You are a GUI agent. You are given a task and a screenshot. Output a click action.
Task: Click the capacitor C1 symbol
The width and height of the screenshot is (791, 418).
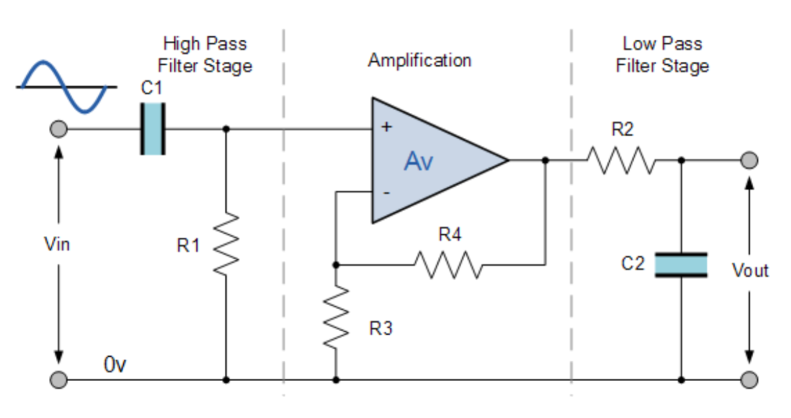tap(153, 128)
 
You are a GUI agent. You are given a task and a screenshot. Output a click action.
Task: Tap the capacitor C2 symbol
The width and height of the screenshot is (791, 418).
tap(681, 265)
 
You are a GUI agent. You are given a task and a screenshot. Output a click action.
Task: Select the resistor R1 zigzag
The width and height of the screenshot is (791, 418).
tap(226, 244)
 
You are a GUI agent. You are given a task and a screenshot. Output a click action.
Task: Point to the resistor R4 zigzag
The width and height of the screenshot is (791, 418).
tap(447, 264)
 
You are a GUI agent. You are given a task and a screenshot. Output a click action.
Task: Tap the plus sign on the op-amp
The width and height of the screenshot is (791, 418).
tap(387, 126)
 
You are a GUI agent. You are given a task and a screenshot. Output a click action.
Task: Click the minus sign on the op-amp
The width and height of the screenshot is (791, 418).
tap(387, 193)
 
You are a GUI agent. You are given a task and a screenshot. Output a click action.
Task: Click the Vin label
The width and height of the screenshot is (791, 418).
tap(57, 244)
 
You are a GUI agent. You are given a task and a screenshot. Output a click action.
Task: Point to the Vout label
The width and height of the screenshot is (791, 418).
tap(750, 271)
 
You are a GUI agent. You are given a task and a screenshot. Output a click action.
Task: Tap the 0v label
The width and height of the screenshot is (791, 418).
tap(115, 366)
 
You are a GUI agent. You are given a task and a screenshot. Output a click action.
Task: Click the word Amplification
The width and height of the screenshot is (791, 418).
tap(419, 60)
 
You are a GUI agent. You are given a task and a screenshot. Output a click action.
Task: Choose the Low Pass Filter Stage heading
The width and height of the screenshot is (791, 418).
tap(662, 55)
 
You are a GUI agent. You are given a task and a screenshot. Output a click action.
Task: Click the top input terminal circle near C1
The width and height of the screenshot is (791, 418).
tap(59, 128)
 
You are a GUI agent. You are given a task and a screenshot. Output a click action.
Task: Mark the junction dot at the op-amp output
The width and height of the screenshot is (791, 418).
tap(545, 161)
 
